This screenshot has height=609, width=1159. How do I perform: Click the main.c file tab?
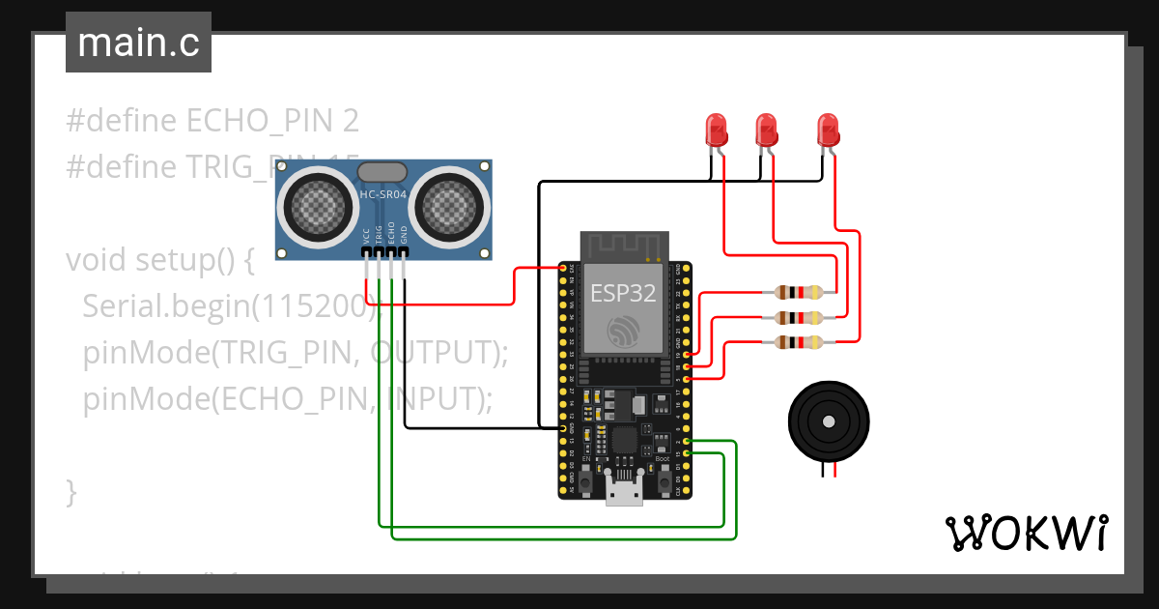(138, 43)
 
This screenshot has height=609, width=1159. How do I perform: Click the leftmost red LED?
(716, 129)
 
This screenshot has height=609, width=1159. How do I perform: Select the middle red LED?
(766, 129)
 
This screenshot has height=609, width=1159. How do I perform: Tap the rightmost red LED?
(828, 129)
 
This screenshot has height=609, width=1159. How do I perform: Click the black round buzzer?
(827, 420)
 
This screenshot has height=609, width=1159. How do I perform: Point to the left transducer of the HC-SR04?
(316, 205)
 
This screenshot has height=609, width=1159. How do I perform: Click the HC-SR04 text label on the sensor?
(383, 194)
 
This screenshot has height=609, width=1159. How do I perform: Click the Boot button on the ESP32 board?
(664, 479)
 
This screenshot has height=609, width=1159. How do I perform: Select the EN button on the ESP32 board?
(585, 479)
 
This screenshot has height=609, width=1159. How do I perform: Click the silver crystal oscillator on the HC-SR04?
(383, 172)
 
